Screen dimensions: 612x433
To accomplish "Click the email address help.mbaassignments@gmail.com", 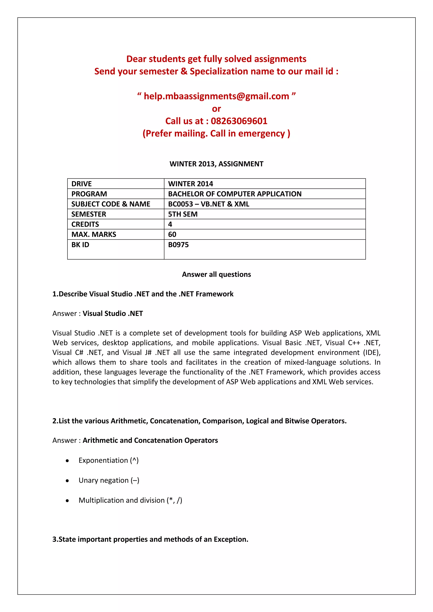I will tap(216, 96).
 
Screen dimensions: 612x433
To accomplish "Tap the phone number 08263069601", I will tap(239, 121).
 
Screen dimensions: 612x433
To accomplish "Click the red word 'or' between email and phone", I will tap(216, 109).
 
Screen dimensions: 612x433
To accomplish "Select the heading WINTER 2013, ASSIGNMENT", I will tap(216, 164).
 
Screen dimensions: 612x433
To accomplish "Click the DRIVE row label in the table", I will tap(82, 184).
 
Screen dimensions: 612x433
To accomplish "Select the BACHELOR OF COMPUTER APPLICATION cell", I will tap(235, 194).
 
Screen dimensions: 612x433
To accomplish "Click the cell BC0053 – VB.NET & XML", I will tap(208, 204).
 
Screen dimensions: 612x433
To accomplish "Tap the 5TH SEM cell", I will tap(183, 214).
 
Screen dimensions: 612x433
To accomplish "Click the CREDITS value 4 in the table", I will tap(170, 224).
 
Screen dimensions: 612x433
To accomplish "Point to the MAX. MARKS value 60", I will tap(172, 235).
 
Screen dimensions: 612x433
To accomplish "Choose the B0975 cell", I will tap(178, 245).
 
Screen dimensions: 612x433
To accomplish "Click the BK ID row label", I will tap(80, 245).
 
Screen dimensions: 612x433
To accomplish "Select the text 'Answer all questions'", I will tap(216, 275).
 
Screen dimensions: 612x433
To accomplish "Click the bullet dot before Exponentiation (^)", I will tap(67, 461).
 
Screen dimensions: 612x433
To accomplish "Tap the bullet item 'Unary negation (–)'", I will tap(109, 480).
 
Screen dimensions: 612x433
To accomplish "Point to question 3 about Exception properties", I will tap(150, 539).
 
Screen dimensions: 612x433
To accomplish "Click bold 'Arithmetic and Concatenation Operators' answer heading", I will tap(150, 440).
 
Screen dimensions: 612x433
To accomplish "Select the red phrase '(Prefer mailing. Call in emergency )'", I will tap(216, 133).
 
